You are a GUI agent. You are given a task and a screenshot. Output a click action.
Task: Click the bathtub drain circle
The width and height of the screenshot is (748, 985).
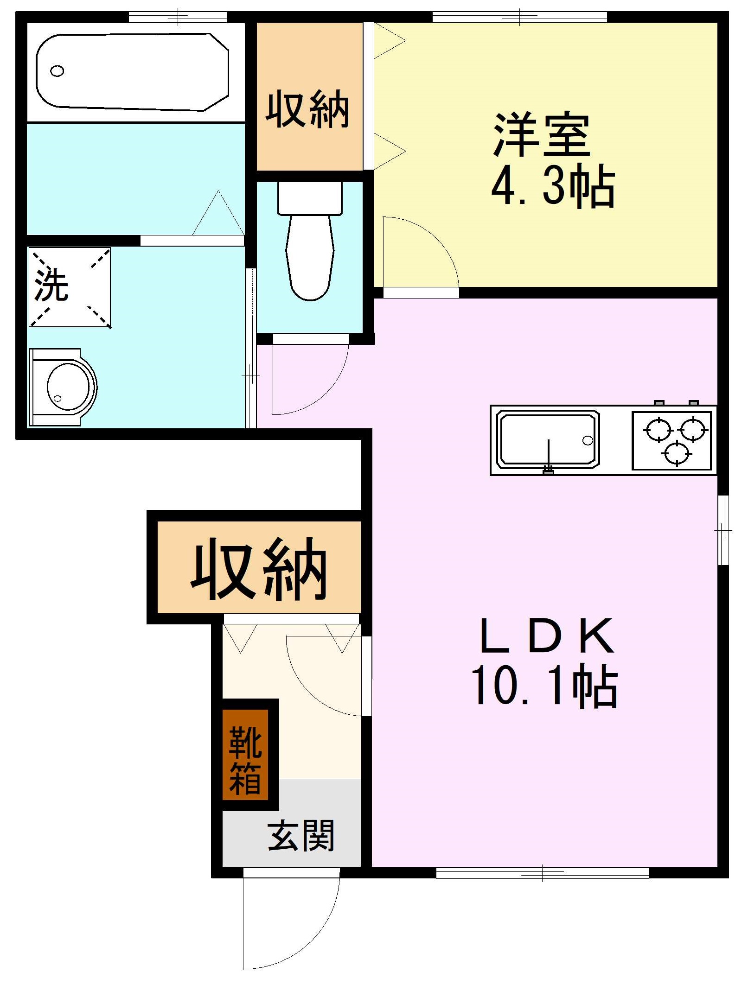[57, 71]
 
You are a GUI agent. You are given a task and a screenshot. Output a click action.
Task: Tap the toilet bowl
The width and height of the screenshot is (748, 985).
[310, 260]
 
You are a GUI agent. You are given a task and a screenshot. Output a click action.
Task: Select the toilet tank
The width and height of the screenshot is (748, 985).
[310, 198]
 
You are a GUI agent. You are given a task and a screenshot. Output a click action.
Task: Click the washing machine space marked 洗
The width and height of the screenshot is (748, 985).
[70, 287]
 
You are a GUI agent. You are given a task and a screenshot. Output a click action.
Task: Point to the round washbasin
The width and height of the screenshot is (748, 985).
[68, 387]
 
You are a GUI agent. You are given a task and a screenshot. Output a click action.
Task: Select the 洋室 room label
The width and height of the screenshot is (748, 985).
[542, 134]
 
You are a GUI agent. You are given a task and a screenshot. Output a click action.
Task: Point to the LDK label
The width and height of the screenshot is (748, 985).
[547, 636]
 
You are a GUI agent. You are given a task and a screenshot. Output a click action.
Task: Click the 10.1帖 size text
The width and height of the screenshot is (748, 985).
[544, 686]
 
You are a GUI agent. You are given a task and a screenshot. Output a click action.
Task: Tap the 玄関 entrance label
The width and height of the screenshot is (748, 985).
[300, 836]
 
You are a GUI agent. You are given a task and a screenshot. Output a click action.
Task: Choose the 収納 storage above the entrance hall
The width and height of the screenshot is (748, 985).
[259, 567]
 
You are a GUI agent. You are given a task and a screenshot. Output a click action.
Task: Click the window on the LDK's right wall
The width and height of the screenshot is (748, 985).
[722, 530]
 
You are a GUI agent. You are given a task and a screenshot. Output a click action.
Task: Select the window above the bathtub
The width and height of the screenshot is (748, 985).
[178, 17]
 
